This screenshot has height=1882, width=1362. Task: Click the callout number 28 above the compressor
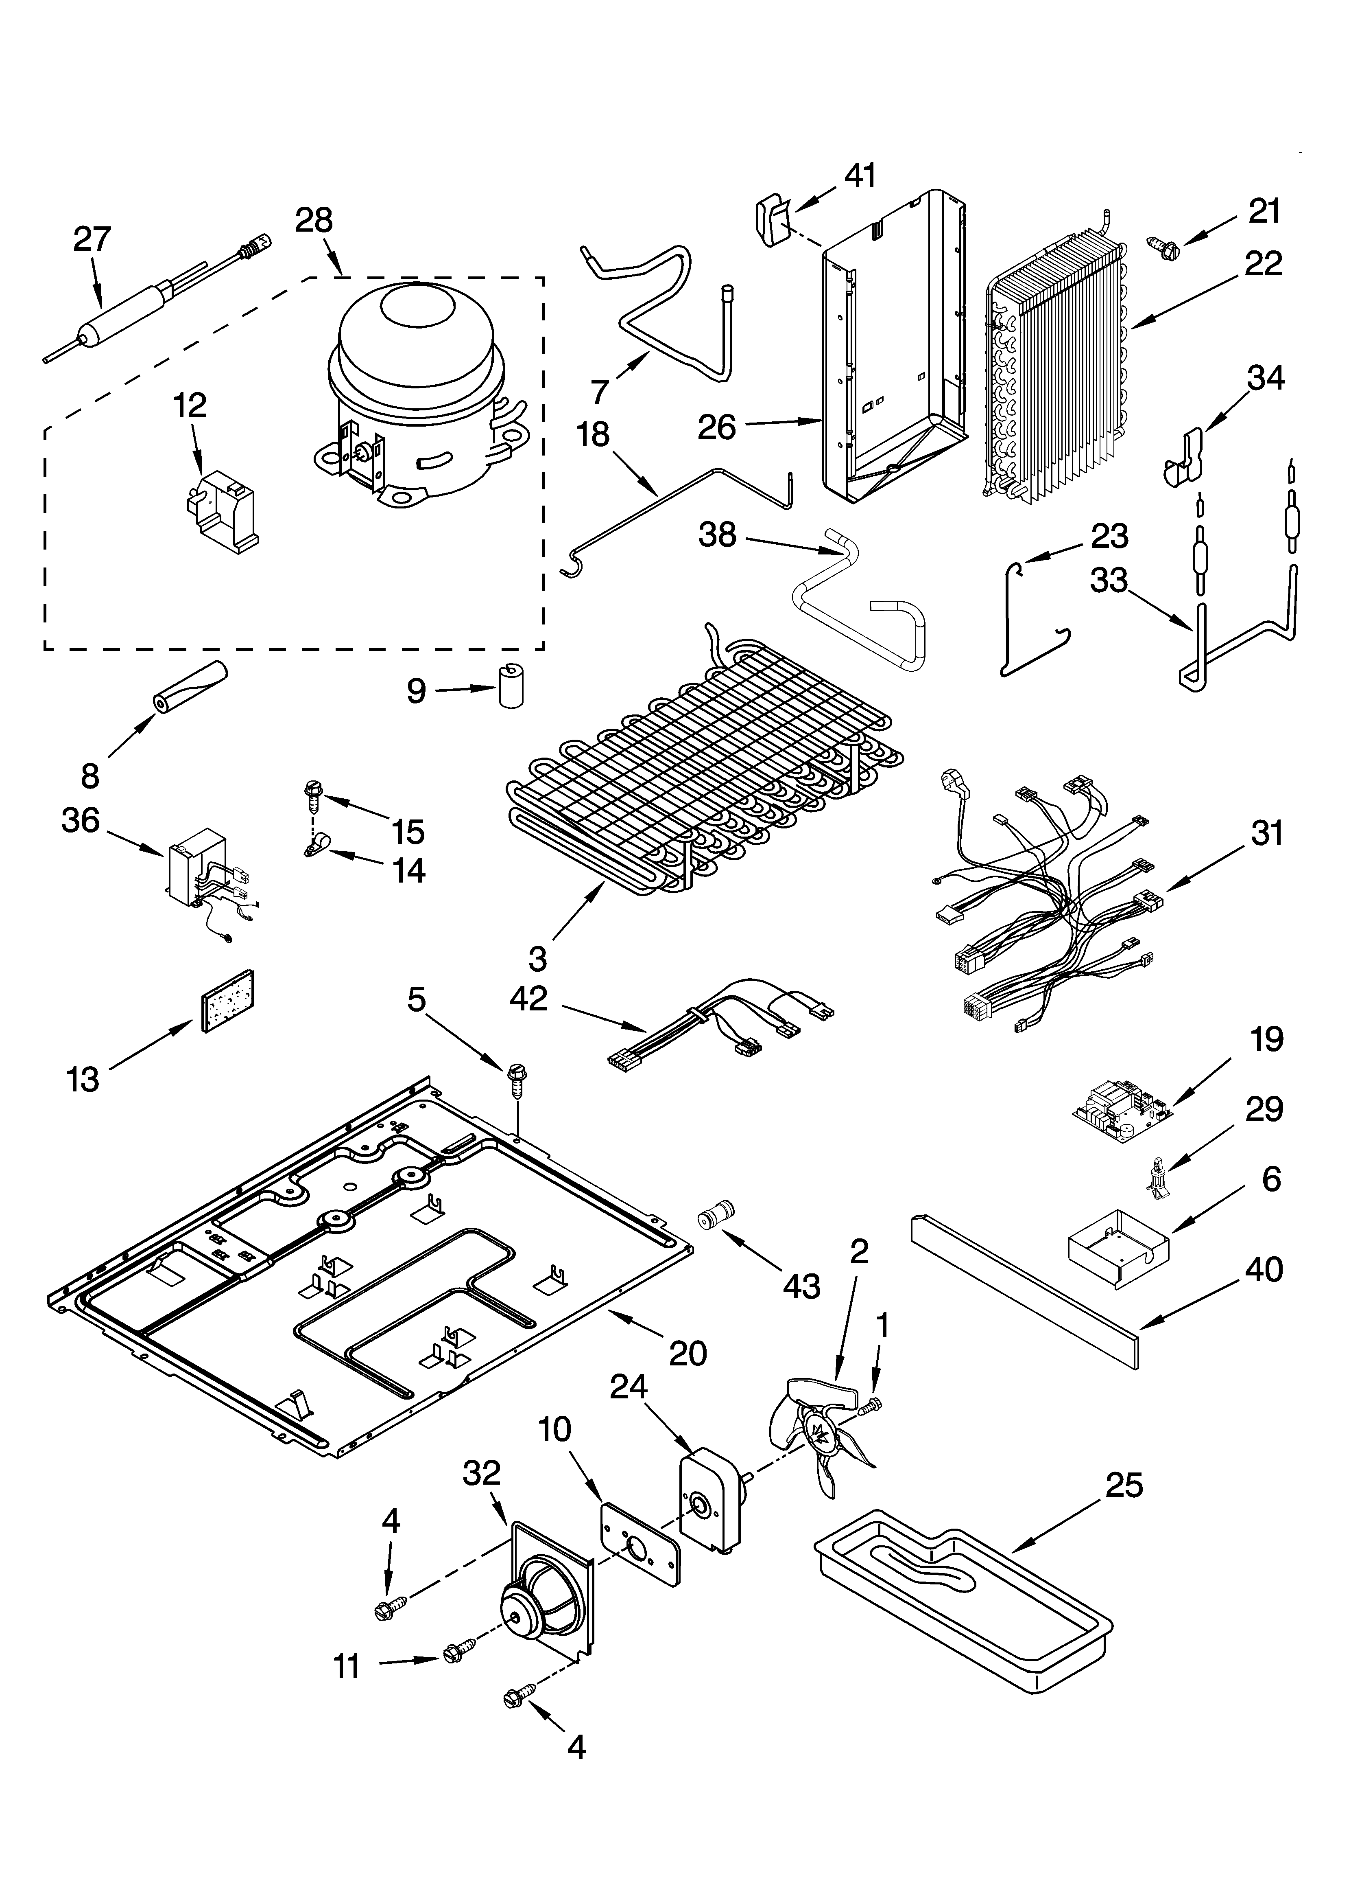coord(314,220)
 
